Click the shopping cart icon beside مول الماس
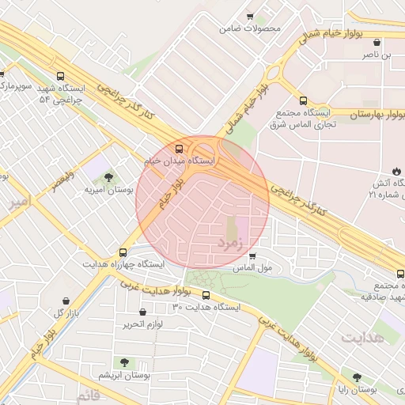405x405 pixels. [252, 256]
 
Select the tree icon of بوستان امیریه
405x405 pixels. [108, 177]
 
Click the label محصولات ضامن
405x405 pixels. [251, 28]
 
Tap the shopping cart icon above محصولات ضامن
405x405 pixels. [250, 16]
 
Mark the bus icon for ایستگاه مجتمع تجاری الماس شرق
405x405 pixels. [303, 100]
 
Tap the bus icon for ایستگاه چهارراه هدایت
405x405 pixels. [122, 250]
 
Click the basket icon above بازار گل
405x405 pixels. [66, 301]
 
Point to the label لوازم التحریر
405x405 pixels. [142, 324]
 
